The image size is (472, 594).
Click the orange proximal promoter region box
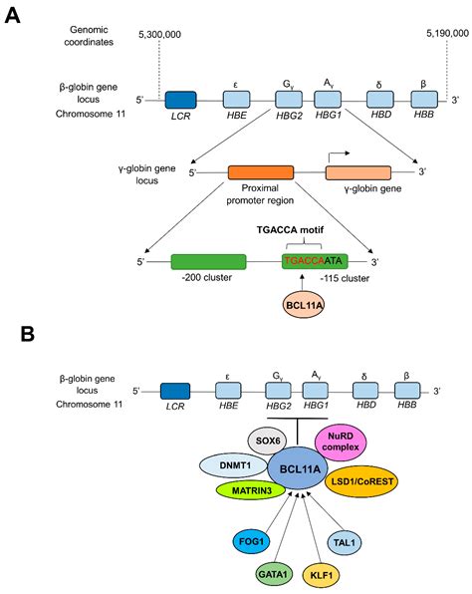(x=260, y=172)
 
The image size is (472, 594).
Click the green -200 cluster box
(x=208, y=261)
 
